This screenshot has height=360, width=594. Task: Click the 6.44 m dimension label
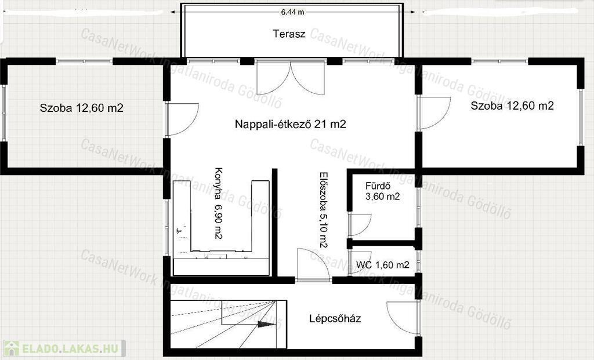292,12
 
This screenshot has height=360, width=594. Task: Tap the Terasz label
289,34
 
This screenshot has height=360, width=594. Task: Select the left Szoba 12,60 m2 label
81,108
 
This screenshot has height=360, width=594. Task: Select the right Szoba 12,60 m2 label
512,106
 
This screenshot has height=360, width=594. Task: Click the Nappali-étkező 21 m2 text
291,124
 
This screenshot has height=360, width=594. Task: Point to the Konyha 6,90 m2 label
218,203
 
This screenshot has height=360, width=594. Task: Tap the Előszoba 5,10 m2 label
323,210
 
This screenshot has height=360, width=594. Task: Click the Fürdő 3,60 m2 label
383,191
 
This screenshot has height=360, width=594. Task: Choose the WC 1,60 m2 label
383,265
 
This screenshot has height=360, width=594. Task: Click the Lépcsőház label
335,318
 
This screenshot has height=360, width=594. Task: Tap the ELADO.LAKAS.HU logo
63,348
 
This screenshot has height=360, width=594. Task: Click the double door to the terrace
291,78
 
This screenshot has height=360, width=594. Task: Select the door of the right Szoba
434,113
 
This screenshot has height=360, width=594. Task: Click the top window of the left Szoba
84,61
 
